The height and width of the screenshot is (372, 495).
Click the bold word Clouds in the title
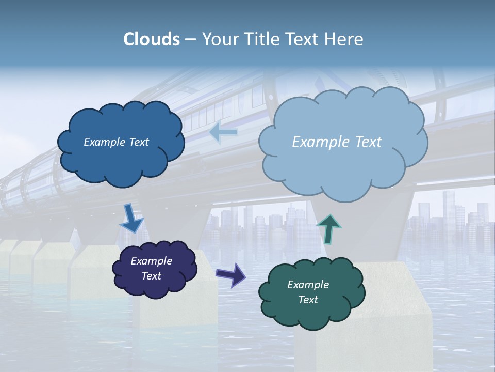point(152,39)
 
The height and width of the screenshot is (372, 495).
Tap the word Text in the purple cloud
point(152,276)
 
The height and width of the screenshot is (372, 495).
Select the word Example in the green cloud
point(308,285)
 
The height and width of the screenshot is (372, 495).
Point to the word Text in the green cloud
point(308,300)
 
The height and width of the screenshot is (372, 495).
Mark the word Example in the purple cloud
point(152,261)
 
